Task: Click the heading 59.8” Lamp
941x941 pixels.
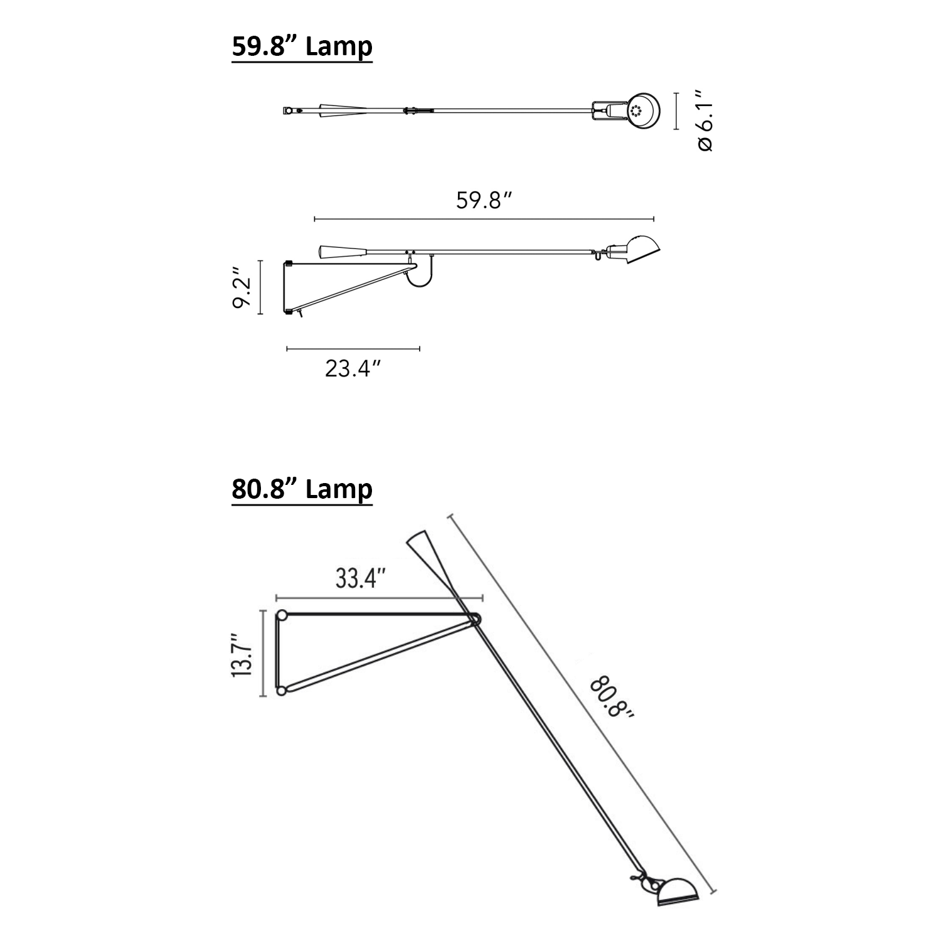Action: (302, 47)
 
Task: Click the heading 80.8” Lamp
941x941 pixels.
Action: (302, 490)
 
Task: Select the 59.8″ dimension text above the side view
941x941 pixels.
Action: (484, 201)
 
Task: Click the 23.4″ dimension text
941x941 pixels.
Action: (353, 368)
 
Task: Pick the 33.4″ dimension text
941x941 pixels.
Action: (361, 578)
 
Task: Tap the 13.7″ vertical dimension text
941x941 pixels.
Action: (242, 654)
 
